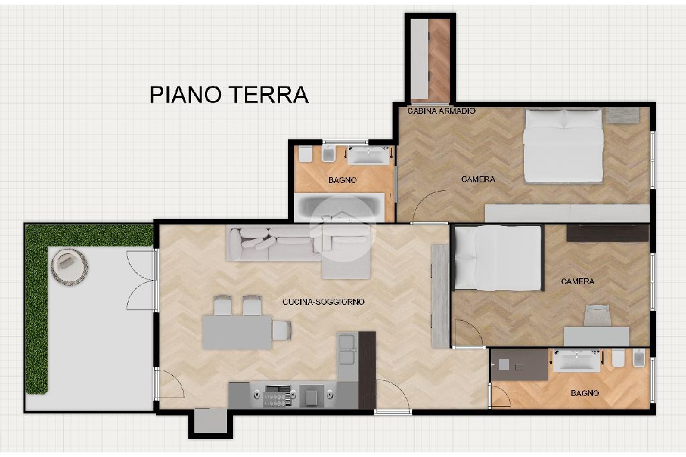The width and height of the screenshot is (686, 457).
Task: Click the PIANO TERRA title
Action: coord(229,94)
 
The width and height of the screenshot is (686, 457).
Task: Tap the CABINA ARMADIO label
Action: coord(441,111)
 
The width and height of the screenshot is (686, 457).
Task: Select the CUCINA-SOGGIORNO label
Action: coord(324,302)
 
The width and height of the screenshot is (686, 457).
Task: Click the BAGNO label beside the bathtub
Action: coord(342,180)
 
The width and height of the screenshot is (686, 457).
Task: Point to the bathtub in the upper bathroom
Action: coord(340,208)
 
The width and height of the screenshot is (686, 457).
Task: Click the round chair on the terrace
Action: coord(69,267)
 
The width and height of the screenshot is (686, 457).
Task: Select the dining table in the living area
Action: coord(237,332)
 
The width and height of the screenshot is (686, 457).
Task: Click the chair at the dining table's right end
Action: coord(281,330)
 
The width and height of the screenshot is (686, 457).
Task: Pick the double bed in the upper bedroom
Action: coord(563,146)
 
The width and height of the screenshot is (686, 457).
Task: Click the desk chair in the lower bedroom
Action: coord(598,315)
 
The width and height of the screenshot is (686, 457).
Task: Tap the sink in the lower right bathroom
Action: coord(577,361)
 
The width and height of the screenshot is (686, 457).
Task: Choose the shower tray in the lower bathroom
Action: coord(519,365)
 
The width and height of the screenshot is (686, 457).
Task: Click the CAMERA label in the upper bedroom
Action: coord(478,180)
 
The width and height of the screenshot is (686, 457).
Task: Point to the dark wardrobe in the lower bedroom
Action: coord(607,233)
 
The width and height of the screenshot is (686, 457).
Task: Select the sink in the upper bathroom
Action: coord(368,155)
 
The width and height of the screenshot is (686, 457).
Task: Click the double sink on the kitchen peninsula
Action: coord(347,349)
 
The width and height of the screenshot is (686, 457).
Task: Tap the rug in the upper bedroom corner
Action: coord(622,115)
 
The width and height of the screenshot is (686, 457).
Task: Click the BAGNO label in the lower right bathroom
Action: coord(585,393)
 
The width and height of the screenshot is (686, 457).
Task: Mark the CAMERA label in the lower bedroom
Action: coord(577,281)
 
